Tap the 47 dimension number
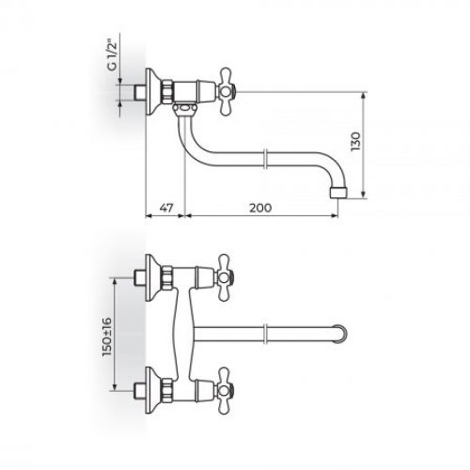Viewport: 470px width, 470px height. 165,207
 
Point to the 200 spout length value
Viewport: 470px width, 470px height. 262,207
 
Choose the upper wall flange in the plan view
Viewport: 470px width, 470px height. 153,274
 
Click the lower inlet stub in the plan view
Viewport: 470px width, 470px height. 140,386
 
